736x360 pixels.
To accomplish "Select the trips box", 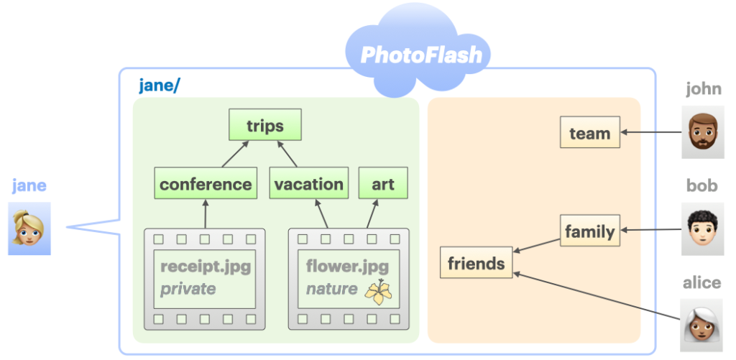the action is click(x=265, y=125).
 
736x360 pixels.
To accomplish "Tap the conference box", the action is click(x=206, y=183).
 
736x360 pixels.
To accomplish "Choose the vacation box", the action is click(x=309, y=183).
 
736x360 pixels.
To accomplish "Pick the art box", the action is click(x=383, y=183).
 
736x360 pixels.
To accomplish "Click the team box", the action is click(x=590, y=132).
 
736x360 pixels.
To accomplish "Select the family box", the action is click(x=590, y=231).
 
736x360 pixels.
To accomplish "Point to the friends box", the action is click(x=476, y=262).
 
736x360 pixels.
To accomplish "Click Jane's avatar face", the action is click(x=29, y=229).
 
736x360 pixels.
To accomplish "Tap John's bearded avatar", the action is click(x=702, y=132).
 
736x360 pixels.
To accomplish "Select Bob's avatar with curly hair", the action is click(x=702, y=229).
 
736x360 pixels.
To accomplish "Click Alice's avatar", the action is click(x=701, y=326).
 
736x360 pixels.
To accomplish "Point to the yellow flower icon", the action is click(x=379, y=292).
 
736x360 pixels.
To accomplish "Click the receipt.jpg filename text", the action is click(x=206, y=267).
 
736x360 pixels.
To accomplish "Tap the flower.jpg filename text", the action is click(x=347, y=267).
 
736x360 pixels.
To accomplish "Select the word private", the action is click(x=188, y=289).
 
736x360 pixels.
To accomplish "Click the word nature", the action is click(x=331, y=289).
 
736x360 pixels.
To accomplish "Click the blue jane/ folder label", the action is click(x=160, y=86).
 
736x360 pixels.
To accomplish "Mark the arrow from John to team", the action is click(x=651, y=132).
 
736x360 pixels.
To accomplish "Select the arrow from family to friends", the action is click(x=536, y=246).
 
